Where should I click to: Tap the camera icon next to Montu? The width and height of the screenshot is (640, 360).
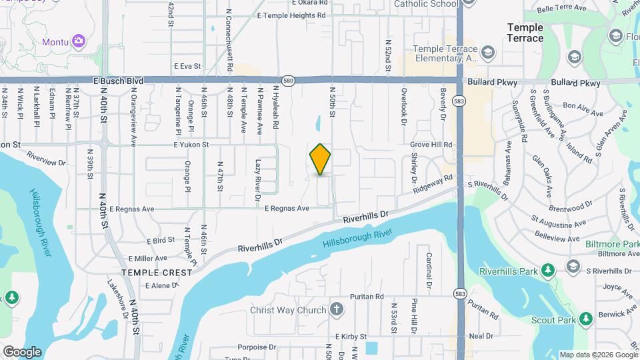(79, 41)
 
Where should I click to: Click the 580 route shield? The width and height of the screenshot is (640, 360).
(287, 79)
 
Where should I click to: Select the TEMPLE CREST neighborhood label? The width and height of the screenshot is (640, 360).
(157, 273)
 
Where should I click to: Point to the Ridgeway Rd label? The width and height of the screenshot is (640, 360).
(432, 185)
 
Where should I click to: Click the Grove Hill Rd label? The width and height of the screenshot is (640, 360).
(431, 145)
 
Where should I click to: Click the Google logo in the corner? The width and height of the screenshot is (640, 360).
(22, 351)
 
